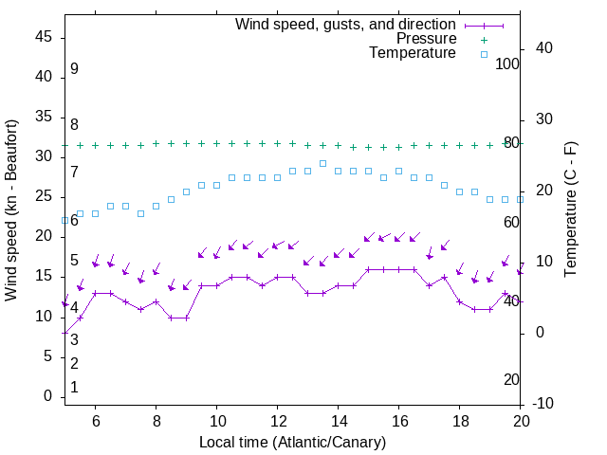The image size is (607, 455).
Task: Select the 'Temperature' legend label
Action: pos(413,54)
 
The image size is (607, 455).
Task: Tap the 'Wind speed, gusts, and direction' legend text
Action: pos(345,24)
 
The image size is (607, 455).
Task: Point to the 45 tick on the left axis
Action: pos(44,37)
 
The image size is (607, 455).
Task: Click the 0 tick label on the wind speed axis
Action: pos(47,396)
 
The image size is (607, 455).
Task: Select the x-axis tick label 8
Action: pos(156,421)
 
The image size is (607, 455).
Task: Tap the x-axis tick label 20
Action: pos(520,421)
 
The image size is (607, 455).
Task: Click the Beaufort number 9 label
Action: pos(74,69)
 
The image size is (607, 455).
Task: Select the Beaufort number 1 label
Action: pos(74,388)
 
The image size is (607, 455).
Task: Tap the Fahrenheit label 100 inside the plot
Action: pos(507,64)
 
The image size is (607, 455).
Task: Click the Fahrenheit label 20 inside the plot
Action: pos(511,380)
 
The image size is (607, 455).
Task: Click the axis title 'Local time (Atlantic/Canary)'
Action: pos(292,442)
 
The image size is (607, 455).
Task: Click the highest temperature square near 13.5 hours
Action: pos(322,163)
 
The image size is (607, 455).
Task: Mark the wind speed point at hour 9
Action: pos(186,318)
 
